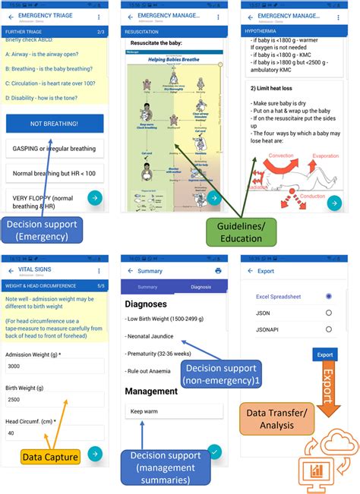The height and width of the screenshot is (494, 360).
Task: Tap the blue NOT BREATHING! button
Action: click(54, 124)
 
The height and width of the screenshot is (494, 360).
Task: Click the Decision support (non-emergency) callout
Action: click(220, 373)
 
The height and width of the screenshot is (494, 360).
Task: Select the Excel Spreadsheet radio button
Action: click(328, 296)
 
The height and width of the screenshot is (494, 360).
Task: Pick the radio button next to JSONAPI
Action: click(328, 329)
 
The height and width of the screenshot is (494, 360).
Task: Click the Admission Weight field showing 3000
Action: click(54, 366)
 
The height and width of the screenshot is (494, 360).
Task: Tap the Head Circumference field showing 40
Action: click(54, 433)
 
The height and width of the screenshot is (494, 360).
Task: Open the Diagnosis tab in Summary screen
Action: click(201, 287)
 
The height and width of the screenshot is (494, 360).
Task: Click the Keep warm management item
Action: click(175, 411)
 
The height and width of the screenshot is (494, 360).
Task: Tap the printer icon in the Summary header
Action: click(219, 270)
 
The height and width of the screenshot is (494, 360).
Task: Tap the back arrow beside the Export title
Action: click(249, 270)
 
